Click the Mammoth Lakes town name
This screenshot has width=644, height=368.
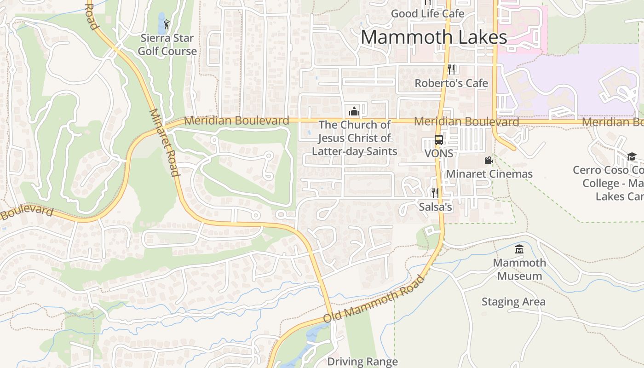(x=433, y=37)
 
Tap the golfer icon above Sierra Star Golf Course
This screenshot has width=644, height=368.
(x=166, y=24)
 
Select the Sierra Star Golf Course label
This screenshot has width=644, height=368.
(x=167, y=45)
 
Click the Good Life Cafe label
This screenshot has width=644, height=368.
(x=427, y=14)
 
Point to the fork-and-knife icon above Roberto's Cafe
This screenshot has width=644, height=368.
(x=451, y=69)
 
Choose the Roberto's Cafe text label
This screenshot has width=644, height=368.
(x=451, y=83)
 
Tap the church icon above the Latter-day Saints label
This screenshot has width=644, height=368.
(x=354, y=111)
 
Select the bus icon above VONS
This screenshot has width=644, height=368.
(x=439, y=140)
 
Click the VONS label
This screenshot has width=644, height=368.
(x=439, y=153)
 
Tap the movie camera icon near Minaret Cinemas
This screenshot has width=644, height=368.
(x=489, y=160)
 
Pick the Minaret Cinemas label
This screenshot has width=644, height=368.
(x=489, y=174)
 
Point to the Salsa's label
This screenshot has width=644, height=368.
(x=435, y=207)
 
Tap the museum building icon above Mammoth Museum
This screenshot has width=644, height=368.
(x=519, y=249)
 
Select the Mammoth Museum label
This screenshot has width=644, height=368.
(x=519, y=270)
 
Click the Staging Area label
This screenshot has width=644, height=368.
(x=513, y=302)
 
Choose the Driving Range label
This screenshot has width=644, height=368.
(x=362, y=362)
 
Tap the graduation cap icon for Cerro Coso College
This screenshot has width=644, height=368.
(x=632, y=156)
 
